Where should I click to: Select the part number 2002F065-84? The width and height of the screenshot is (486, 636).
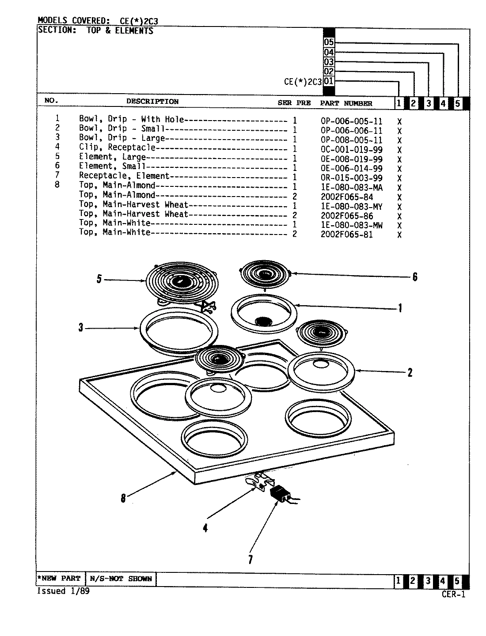click(x=346, y=197)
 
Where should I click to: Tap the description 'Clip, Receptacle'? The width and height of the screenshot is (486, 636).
click(x=117, y=148)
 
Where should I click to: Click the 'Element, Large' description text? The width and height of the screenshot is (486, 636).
click(x=112, y=157)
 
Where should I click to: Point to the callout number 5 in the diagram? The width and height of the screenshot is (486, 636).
click(x=99, y=279)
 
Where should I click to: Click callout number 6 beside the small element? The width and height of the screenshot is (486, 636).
click(x=414, y=277)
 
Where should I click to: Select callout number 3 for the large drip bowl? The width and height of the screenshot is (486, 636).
click(x=81, y=328)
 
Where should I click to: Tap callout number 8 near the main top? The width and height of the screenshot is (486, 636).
click(x=123, y=498)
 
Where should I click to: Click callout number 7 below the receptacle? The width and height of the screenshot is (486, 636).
click(x=250, y=560)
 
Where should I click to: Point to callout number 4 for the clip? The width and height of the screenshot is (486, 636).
click(x=205, y=527)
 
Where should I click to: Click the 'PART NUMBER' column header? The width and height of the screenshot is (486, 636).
click(x=346, y=103)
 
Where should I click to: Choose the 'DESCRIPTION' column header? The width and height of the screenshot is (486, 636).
click(x=152, y=102)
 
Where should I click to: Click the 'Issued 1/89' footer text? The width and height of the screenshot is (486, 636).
click(x=63, y=591)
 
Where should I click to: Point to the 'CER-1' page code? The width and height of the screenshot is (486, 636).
click(x=453, y=594)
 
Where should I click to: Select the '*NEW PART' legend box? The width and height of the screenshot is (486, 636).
click(x=59, y=579)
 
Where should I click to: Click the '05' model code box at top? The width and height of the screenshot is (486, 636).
click(x=329, y=42)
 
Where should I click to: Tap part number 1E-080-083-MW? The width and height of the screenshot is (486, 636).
click(x=351, y=225)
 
